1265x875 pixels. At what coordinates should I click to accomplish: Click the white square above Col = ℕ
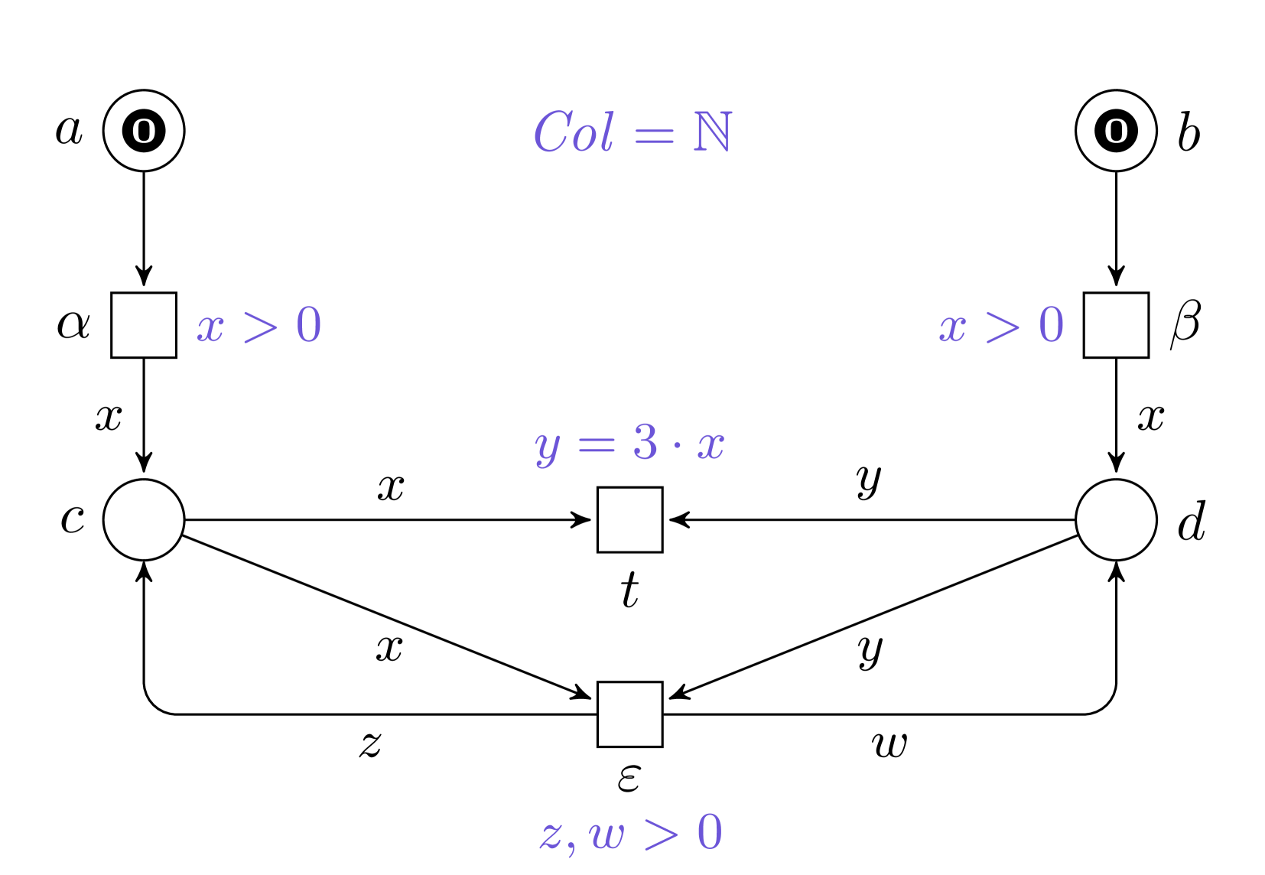(629, 34)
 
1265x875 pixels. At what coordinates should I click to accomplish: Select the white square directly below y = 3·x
(629, 519)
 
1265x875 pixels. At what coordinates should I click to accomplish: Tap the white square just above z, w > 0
(629, 714)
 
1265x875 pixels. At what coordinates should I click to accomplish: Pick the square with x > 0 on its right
(144, 325)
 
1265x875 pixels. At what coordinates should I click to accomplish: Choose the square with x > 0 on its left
(1116, 325)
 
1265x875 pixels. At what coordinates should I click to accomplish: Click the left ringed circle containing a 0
(144, 131)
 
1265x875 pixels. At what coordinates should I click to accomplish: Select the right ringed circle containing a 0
(1116, 131)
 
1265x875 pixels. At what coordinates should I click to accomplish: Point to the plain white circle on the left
(144, 519)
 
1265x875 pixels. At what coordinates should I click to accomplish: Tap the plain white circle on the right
(1116, 519)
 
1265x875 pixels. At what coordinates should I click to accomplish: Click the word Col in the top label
(573, 132)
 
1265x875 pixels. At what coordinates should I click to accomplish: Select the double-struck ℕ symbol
(713, 132)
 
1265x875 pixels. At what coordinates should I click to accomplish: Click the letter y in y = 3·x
(548, 447)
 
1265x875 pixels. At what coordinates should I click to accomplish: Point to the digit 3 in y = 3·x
(645, 442)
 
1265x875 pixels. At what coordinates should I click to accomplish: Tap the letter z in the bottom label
(551, 834)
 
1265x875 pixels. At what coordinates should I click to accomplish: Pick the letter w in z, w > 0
(607, 834)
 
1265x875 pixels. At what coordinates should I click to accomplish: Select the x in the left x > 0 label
(210, 328)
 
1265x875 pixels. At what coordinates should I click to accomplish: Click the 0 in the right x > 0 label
(1052, 325)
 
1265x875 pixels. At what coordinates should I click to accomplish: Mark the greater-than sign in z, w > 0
(661, 833)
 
